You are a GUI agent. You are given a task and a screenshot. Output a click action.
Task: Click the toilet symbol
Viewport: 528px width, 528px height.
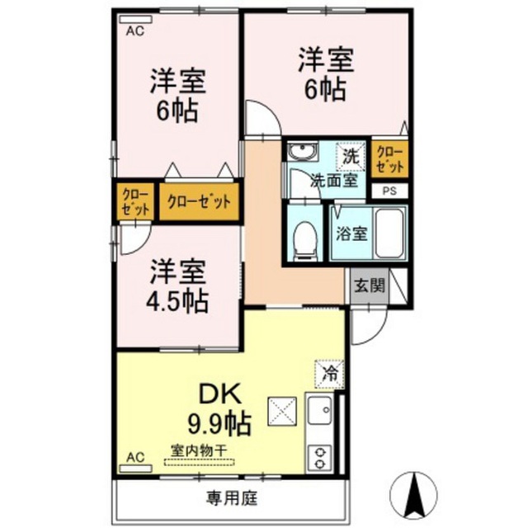point(305,241)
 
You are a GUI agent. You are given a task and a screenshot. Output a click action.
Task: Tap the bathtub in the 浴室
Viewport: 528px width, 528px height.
point(389,233)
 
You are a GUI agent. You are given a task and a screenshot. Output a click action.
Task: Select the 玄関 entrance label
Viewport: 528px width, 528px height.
point(369,286)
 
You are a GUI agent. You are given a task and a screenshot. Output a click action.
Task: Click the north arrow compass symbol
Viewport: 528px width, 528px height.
point(414,495)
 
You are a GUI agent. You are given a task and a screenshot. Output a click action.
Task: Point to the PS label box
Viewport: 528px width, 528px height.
point(389,191)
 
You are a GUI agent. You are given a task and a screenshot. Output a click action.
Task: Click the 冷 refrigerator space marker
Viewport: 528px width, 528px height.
point(329,374)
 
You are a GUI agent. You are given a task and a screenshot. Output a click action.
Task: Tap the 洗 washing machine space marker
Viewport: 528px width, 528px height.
point(351,157)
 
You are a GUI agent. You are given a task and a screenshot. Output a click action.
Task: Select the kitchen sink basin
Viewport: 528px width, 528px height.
point(320,411)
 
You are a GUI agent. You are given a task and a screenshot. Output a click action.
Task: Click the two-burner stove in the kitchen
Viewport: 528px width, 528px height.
point(319,457)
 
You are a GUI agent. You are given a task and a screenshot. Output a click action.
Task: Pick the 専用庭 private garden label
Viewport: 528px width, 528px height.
point(233,498)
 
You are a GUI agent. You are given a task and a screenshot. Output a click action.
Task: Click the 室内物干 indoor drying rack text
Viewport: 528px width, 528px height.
point(199,450)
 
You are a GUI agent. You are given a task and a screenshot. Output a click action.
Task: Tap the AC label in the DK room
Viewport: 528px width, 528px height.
point(135,457)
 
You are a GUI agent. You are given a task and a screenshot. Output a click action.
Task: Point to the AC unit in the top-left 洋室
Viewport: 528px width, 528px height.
point(135,19)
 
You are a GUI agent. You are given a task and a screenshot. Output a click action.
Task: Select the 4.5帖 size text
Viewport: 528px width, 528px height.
point(177,300)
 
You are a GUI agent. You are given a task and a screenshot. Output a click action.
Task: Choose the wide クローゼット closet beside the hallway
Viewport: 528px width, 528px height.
point(199,201)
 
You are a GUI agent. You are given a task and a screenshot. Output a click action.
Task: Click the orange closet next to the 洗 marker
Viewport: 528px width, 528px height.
point(389,159)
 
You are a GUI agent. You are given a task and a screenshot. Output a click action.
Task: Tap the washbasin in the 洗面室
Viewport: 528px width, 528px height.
point(303,150)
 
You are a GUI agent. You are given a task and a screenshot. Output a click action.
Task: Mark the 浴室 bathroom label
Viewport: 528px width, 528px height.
point(351,233)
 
